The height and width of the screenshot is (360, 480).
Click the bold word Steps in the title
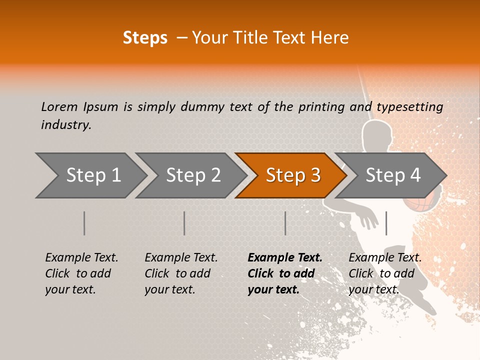[145, 38]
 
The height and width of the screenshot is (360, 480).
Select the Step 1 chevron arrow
[90, 175]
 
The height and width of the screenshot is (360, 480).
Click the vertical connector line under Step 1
[84, 223]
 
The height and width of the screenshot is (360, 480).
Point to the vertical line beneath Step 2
[184, 223]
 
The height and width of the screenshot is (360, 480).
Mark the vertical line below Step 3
[285, 223]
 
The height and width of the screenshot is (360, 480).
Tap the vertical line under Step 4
[386, 223]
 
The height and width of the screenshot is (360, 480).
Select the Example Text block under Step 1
[81, 273]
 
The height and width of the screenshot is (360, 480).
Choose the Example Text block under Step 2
[181, 273]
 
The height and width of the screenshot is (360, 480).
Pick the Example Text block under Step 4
[385, 273]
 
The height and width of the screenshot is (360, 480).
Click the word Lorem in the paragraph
[59, 107]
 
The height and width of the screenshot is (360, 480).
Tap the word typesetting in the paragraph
[409, 107]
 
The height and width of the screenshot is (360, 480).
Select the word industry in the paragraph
[66, 125]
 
